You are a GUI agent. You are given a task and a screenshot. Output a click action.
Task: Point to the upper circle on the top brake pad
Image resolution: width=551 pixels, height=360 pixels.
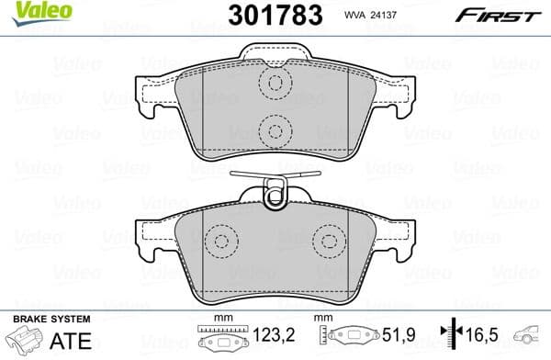coord(274,84)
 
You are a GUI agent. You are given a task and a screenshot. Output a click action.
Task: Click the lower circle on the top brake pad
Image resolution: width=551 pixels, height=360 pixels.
coord(274,129)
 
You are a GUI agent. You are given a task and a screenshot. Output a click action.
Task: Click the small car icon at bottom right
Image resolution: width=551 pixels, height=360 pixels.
coord(531,338)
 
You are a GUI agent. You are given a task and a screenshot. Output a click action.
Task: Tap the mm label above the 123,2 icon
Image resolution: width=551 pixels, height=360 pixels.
coord(218,319)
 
